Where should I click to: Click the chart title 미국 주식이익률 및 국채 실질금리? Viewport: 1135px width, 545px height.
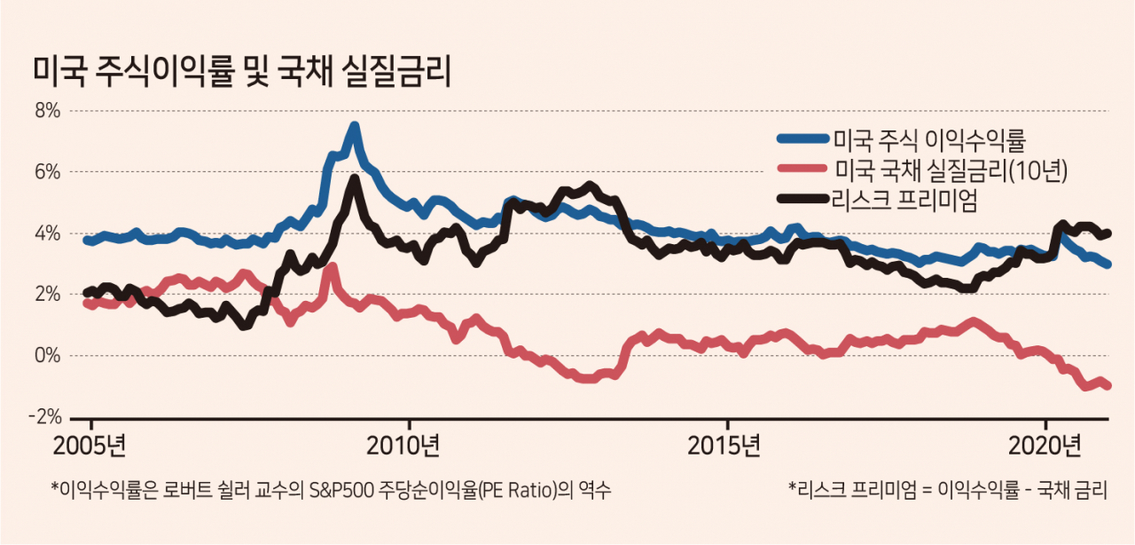click(242, 72)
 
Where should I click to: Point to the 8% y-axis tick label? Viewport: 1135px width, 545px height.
click(47, 111)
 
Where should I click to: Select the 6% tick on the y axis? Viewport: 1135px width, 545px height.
click(47, 172)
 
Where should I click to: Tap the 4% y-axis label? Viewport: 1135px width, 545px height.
click(47, 233)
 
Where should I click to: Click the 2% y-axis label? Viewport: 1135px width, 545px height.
click(47, 295)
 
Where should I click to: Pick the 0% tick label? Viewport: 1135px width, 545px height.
click(47, 356)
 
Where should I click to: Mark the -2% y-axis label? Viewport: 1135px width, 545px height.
click(44, 417)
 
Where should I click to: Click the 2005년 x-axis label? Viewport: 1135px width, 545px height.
click(90, 446)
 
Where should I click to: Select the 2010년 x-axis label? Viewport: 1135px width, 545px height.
click(403, 446)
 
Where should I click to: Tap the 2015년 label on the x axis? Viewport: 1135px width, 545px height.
click(724, 446)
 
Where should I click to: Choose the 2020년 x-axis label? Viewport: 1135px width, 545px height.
click(1045, 446)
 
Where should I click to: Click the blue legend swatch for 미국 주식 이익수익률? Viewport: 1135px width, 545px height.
click(803, 138)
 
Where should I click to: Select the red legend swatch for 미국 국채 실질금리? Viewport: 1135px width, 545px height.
click(803, 168)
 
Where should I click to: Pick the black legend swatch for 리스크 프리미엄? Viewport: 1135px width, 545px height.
click(803, 199)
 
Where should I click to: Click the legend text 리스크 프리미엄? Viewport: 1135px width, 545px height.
click(904, 200)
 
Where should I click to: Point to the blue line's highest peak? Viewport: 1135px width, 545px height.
click(355, 126)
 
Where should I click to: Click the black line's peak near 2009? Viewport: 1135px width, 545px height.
click(355, 178)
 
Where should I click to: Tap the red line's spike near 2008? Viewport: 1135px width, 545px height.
click(333, 267)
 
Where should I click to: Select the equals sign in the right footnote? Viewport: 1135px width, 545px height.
click(927, 491)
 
